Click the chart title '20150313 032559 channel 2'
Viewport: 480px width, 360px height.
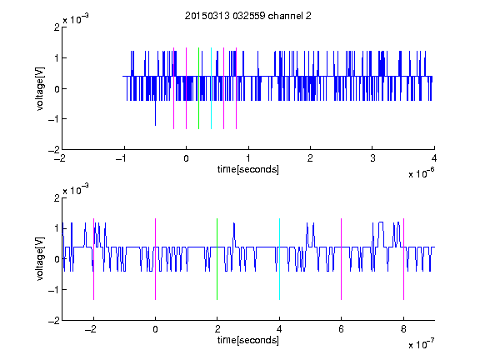coord(248,16)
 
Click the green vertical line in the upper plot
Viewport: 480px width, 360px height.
coord(198,88)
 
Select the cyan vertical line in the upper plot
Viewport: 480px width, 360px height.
coord(211,88)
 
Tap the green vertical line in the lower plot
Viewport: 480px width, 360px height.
coord(217,259)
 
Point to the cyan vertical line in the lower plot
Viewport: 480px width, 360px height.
coord(279,259)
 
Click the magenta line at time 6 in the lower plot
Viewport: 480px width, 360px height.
coord(342,259)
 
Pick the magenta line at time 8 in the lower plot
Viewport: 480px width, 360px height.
coord(404,259)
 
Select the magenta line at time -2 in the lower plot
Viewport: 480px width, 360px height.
coord(93,259)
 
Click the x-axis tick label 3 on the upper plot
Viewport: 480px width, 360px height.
coord(372,158)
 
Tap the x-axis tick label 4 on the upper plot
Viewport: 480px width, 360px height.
coord(434,158)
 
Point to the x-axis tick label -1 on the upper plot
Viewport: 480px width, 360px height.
coord(122,158)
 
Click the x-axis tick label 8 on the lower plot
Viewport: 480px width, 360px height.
coord(403,329)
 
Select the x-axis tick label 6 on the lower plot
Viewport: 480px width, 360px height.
coord(342,329)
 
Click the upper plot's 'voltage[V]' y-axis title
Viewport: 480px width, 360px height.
coord(40,88)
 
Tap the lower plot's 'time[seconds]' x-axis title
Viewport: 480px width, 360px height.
coord(248,340)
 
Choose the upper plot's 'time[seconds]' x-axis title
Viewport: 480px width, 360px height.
coord(248,169)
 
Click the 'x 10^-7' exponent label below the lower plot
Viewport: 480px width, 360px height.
coord(421,343)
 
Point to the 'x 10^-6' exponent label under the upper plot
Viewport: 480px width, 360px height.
coord(421,172)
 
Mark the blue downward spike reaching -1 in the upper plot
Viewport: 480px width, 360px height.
coord(155,112)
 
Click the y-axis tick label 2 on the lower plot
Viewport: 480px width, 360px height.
coord(57,198)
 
